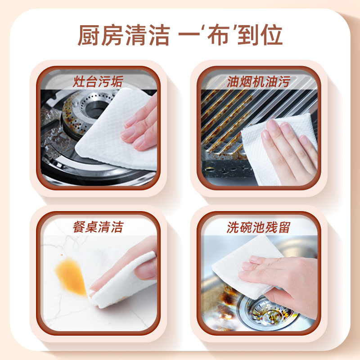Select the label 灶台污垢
[x=98, y=82]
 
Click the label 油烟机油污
[x=258, y=82]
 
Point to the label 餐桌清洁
[x=98, y=226]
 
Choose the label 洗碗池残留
[x=258, y=227]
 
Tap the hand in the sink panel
[x=288, y=279]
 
